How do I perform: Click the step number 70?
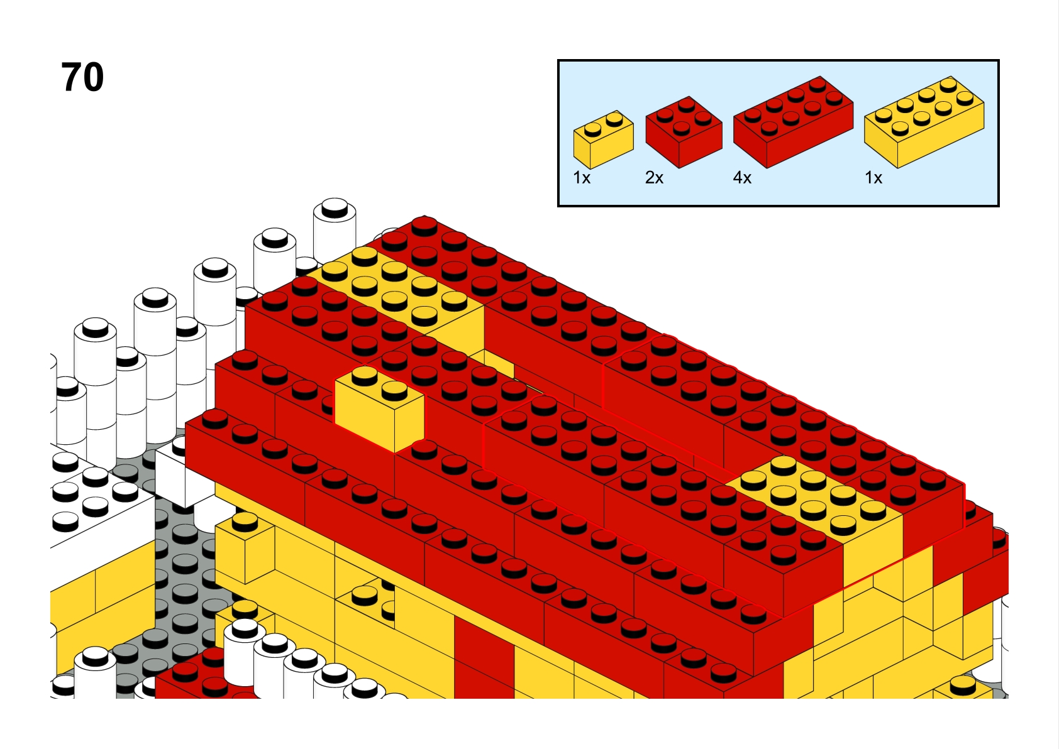[82, 77]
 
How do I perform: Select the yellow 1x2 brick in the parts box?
[603, 139]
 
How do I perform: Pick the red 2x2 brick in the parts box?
[684, 132]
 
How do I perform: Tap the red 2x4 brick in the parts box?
[793, 122]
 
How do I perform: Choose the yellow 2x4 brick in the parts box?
[924, 122]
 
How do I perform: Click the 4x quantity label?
[742, 178]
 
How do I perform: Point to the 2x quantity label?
[654, 178]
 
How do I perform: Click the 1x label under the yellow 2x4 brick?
[873, 178]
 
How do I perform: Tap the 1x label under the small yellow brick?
[582, 178]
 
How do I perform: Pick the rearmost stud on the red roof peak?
[424, 226]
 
